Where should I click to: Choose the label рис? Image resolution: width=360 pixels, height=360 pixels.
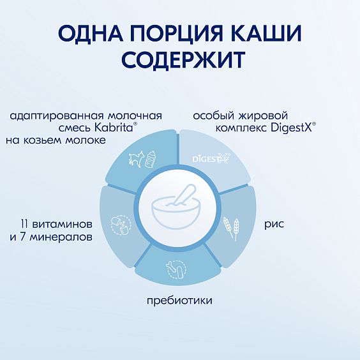274,224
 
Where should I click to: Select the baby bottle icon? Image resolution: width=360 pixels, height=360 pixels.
152,158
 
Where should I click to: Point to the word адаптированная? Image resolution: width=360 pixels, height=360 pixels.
49,116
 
